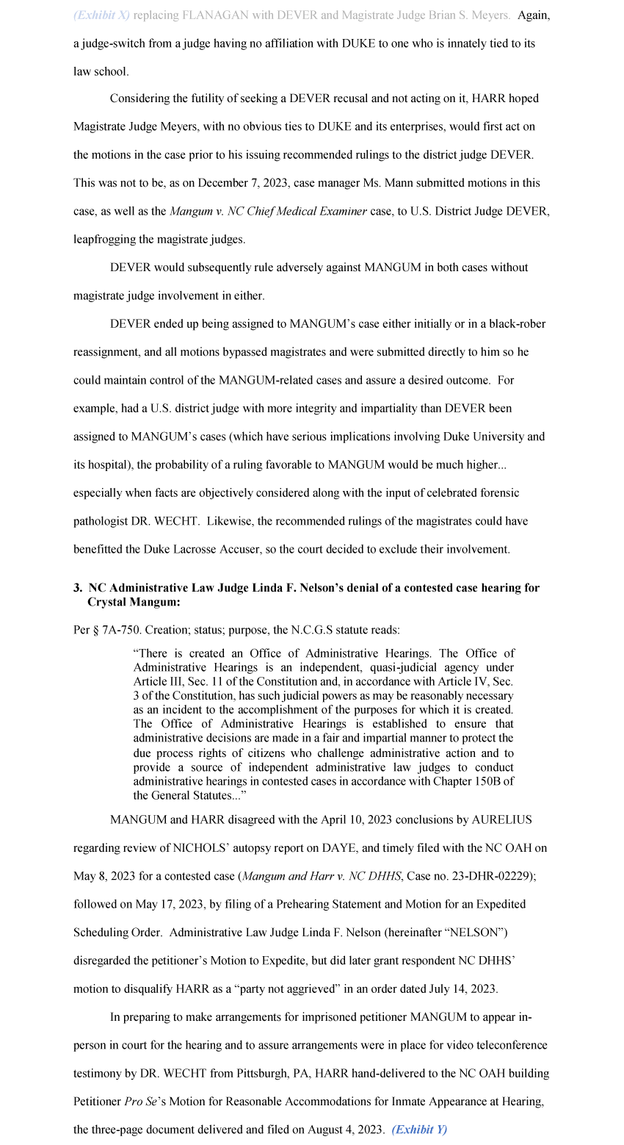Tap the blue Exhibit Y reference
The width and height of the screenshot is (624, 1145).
click(419, 1130)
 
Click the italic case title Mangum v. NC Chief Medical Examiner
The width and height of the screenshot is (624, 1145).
click(268, 212)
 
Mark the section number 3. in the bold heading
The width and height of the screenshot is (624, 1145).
click(78, 588)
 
